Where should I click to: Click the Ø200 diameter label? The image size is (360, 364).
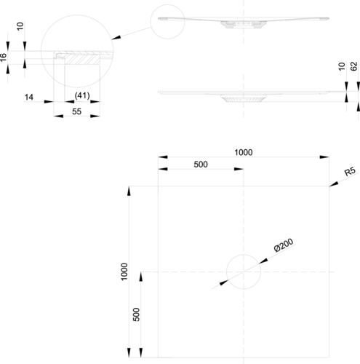pos(284,245)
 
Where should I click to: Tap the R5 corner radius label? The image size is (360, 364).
pos(350,171)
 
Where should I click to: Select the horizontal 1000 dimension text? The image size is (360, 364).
pos(244,152)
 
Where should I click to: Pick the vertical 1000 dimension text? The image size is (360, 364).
pos(124,272)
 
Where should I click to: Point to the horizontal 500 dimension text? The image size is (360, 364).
pos(201,165)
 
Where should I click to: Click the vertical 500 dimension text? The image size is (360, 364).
pos(137,314)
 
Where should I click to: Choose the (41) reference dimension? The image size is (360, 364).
pos(82,95)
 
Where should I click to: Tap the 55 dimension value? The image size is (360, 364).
pos(76,111)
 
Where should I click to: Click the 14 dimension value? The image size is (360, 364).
pos(29,98)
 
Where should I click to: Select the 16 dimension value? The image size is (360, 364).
pos(3,58)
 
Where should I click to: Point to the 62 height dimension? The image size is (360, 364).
pos(354,66)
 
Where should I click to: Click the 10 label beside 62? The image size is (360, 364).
pos(341,66)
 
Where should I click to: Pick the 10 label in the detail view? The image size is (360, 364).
pos(20,26)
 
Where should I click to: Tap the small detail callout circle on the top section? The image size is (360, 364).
pos(168,5)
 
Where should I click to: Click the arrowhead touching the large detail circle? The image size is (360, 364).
pos(116,38)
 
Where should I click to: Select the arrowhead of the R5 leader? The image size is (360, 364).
pos(333,184)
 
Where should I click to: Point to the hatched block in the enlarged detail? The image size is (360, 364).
pos(82,59)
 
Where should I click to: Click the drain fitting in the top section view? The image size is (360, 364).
pos(244,25)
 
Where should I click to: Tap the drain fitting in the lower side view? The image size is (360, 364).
pos(244,98)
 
